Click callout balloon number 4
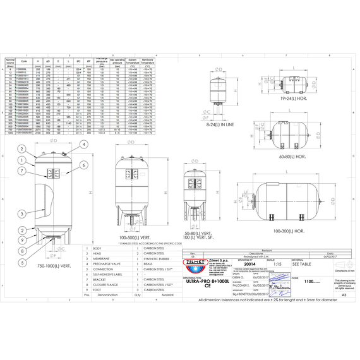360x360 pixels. click(x=84, y=145)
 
